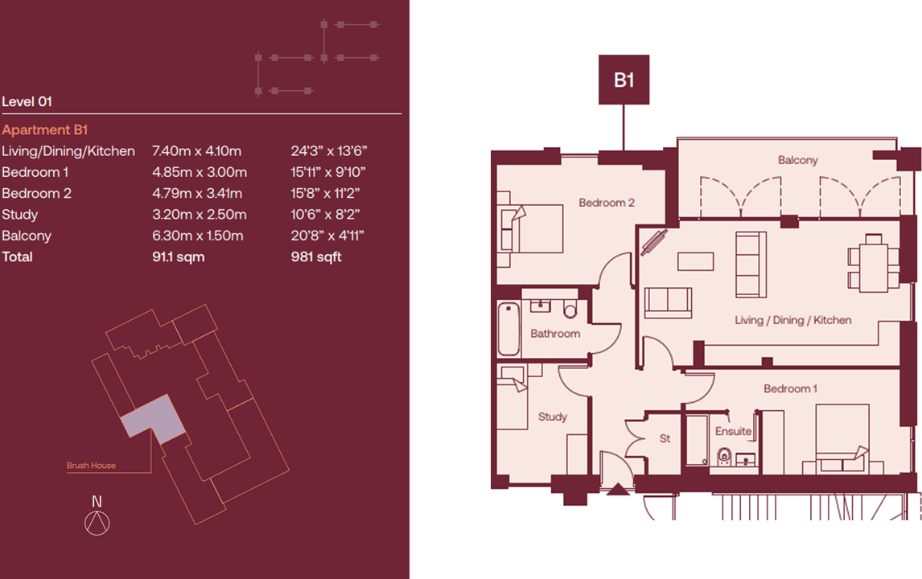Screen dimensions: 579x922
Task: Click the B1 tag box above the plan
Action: (624, 80)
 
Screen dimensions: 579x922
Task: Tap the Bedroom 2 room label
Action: (607, 203)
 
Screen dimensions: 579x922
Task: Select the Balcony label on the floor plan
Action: (797, 160)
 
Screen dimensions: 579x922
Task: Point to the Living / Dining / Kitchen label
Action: (792, 320)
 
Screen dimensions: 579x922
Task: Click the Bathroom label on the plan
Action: (555, 333)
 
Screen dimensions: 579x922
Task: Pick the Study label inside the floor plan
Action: (553, 417)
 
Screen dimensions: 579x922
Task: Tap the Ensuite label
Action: (733, 432)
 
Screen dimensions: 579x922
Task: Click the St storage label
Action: (665, 440)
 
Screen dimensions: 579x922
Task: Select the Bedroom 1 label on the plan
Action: (790, 389)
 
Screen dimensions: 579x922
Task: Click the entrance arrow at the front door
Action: (617, 489)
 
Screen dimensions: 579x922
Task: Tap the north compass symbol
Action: (97, 523)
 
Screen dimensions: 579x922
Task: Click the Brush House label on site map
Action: (91, 466)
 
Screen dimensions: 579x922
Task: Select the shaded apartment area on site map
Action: (153, 418)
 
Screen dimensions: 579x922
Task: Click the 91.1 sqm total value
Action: (179, 257)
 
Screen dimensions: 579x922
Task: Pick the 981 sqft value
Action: (315, 257)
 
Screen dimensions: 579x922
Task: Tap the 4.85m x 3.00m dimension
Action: (200, 172)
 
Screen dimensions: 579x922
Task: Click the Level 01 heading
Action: (27, 101)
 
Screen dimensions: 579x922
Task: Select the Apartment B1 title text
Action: (45, 129)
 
